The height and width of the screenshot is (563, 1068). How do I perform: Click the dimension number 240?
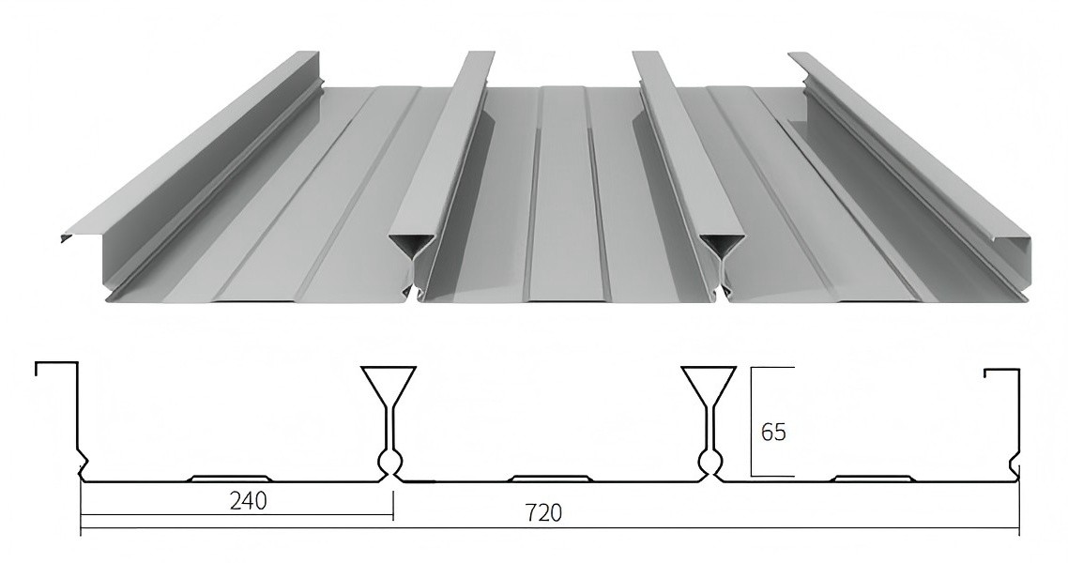tap(248, 501)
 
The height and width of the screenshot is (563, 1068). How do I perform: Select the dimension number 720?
tap(543, 513)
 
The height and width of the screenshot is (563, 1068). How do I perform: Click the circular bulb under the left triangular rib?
tap(389, 461)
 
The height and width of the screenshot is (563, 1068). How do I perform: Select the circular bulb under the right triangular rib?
tap(710, 461)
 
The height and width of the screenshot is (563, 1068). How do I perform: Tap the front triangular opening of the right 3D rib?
tap(720, 245)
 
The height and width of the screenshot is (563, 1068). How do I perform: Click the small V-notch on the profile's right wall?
tap(1015, 465)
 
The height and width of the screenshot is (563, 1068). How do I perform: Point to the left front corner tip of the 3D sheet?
tap(64, 238)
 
